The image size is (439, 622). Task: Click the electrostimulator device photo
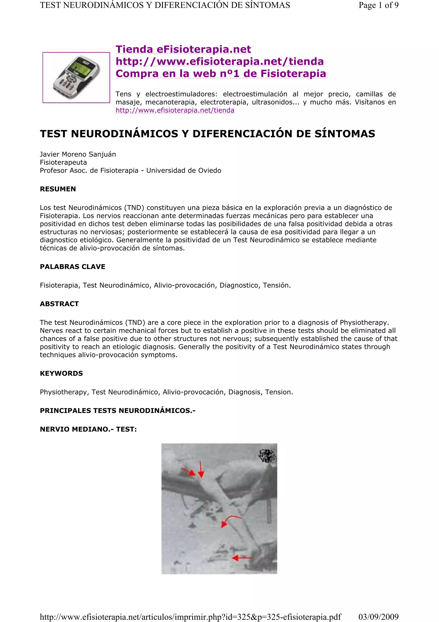point(76,78)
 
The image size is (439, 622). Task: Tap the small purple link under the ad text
point(175,110)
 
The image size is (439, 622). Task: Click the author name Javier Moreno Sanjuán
point(78,154)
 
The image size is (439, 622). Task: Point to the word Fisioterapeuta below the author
point(63,162)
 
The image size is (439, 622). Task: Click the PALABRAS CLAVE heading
point(72,267)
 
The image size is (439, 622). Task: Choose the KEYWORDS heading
point(61,373)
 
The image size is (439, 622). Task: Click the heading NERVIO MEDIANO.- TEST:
point(88,429)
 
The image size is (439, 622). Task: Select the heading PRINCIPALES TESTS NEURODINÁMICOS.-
point(118,411)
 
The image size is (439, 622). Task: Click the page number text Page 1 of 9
point(378,5)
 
